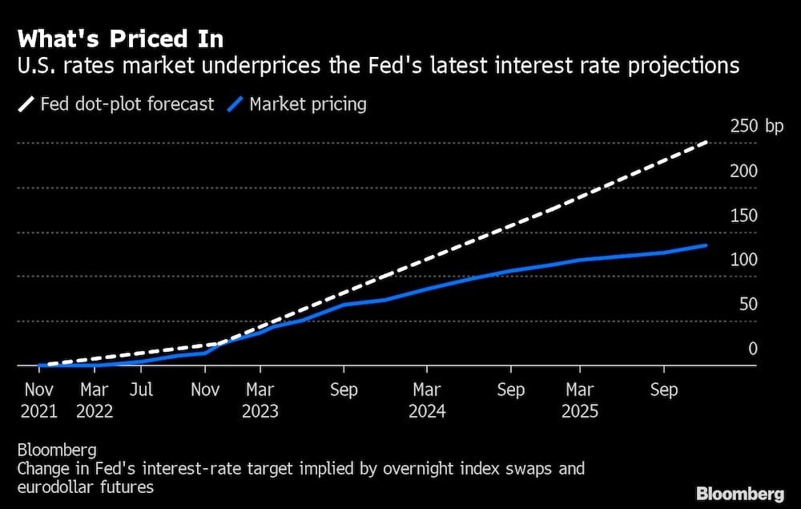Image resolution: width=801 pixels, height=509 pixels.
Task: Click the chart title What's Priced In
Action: coord(120,38)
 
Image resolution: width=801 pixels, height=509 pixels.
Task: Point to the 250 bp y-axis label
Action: coord(756,126)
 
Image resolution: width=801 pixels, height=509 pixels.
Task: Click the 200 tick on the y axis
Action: coord(743,171)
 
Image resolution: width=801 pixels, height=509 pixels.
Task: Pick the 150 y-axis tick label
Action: coord(743,215)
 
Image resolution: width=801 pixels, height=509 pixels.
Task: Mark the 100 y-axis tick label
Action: coord(743,260)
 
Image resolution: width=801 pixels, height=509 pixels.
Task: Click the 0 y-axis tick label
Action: coord(752,349)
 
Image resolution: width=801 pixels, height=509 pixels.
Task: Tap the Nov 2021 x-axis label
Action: coord(38,401)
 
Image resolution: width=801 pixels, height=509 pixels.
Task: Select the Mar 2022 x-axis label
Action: coord(94,401)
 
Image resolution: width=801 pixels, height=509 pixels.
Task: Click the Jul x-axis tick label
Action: coord(141,390)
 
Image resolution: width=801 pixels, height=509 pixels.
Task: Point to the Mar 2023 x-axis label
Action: coord(260,401)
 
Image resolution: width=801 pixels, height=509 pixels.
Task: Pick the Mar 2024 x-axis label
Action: coord(427,401)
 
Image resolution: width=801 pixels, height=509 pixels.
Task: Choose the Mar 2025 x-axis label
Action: coord(580,401)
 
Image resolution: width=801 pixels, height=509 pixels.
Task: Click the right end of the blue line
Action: coord(706,245)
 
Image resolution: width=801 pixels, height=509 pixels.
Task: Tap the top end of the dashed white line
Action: coord(706,143)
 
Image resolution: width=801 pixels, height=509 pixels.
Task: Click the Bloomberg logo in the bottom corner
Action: coord(740,493)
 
